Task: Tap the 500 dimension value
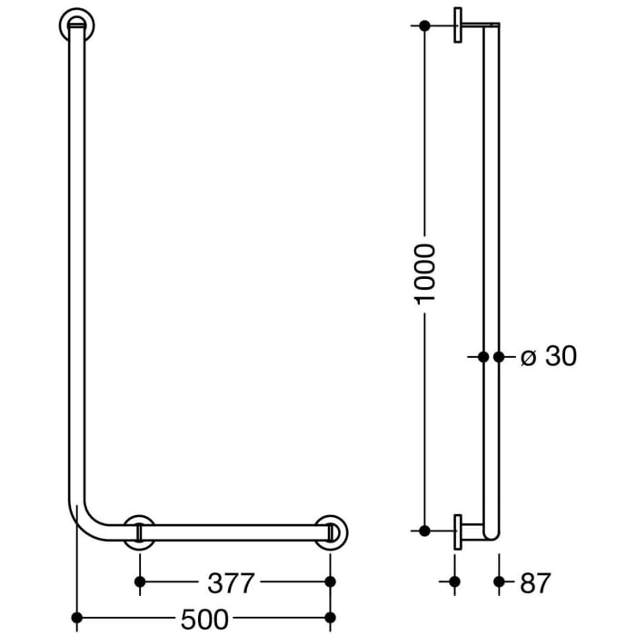click(x=204, y=620)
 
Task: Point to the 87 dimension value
click(x=535, y=581)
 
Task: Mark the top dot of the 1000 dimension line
click(x=425, y=25)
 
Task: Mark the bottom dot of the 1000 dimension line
click(x=425, y=529)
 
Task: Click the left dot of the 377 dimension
click(x=139, y=581)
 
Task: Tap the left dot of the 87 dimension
click(x=456, y=581)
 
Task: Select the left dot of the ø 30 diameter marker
click(x=484, y=357)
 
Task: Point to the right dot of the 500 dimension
click(x=330, y=620)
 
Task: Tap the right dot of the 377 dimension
click(x=330, y=581)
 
